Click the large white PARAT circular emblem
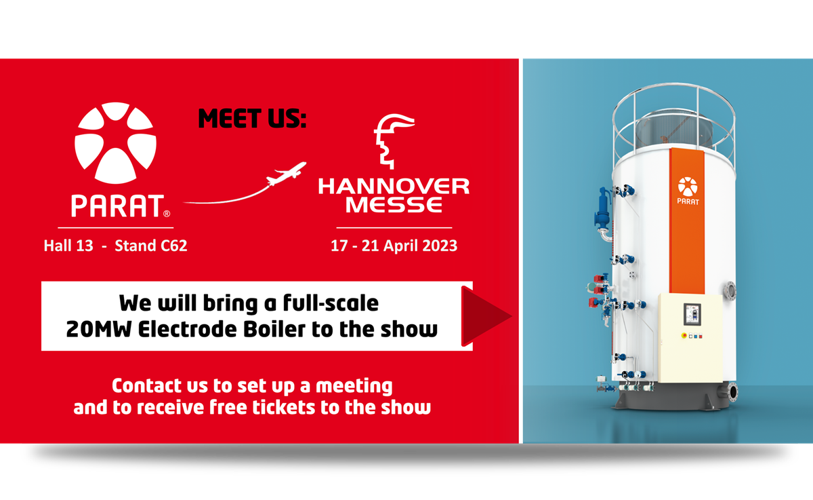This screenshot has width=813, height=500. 115,142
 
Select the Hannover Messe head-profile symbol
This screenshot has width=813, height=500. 394,141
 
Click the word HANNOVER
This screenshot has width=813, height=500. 394,187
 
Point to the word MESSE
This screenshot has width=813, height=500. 394,205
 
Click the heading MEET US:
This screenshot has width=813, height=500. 252,119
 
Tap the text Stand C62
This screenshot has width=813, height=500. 151,246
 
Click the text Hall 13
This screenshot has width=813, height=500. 68,246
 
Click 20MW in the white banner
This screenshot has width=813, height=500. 98,329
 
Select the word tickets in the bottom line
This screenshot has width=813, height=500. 284,407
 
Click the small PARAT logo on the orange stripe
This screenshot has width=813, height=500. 688,191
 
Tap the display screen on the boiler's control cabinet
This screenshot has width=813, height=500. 692,314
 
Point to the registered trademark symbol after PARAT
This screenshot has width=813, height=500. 167,214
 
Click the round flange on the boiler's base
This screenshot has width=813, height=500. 732,392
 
